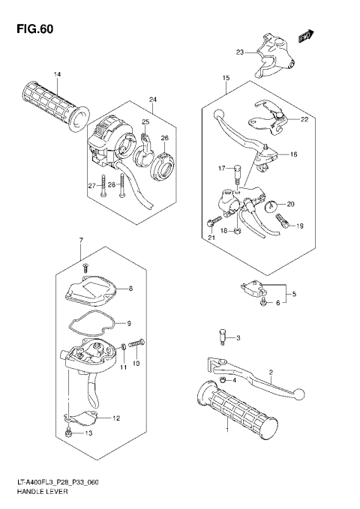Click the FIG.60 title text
[x=31, y=29]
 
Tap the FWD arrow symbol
[x=304, y=36]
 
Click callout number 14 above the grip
[x=57, y=73]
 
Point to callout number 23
[x=240, y=52]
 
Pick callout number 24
[x=152, y=100]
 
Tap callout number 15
[x=225, y=78]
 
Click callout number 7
[x=80, y=240]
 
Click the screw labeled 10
[x=136, y=343]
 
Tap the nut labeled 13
[x=68, y=433]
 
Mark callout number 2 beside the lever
[x=271, y=372]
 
